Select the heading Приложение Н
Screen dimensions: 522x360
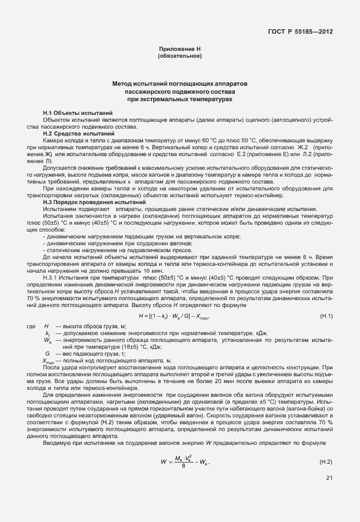[179, 50]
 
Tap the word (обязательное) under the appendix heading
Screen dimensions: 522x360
[179, 56]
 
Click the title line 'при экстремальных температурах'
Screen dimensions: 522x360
[180, 99]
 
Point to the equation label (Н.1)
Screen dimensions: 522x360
[326, 316]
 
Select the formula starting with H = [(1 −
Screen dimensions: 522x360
[174, 316]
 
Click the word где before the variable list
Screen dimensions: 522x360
[31, 325]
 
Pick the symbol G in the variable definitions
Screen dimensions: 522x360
[47, 353]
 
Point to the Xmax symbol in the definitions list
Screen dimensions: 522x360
[49, 361]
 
